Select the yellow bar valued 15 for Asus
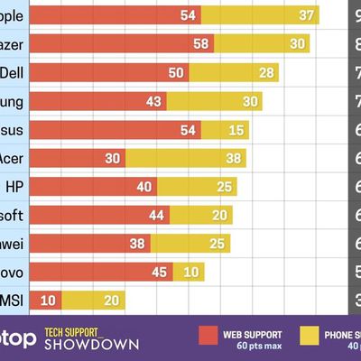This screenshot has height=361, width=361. [x=226, y=130]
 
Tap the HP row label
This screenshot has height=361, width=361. [x=14, y=187]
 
